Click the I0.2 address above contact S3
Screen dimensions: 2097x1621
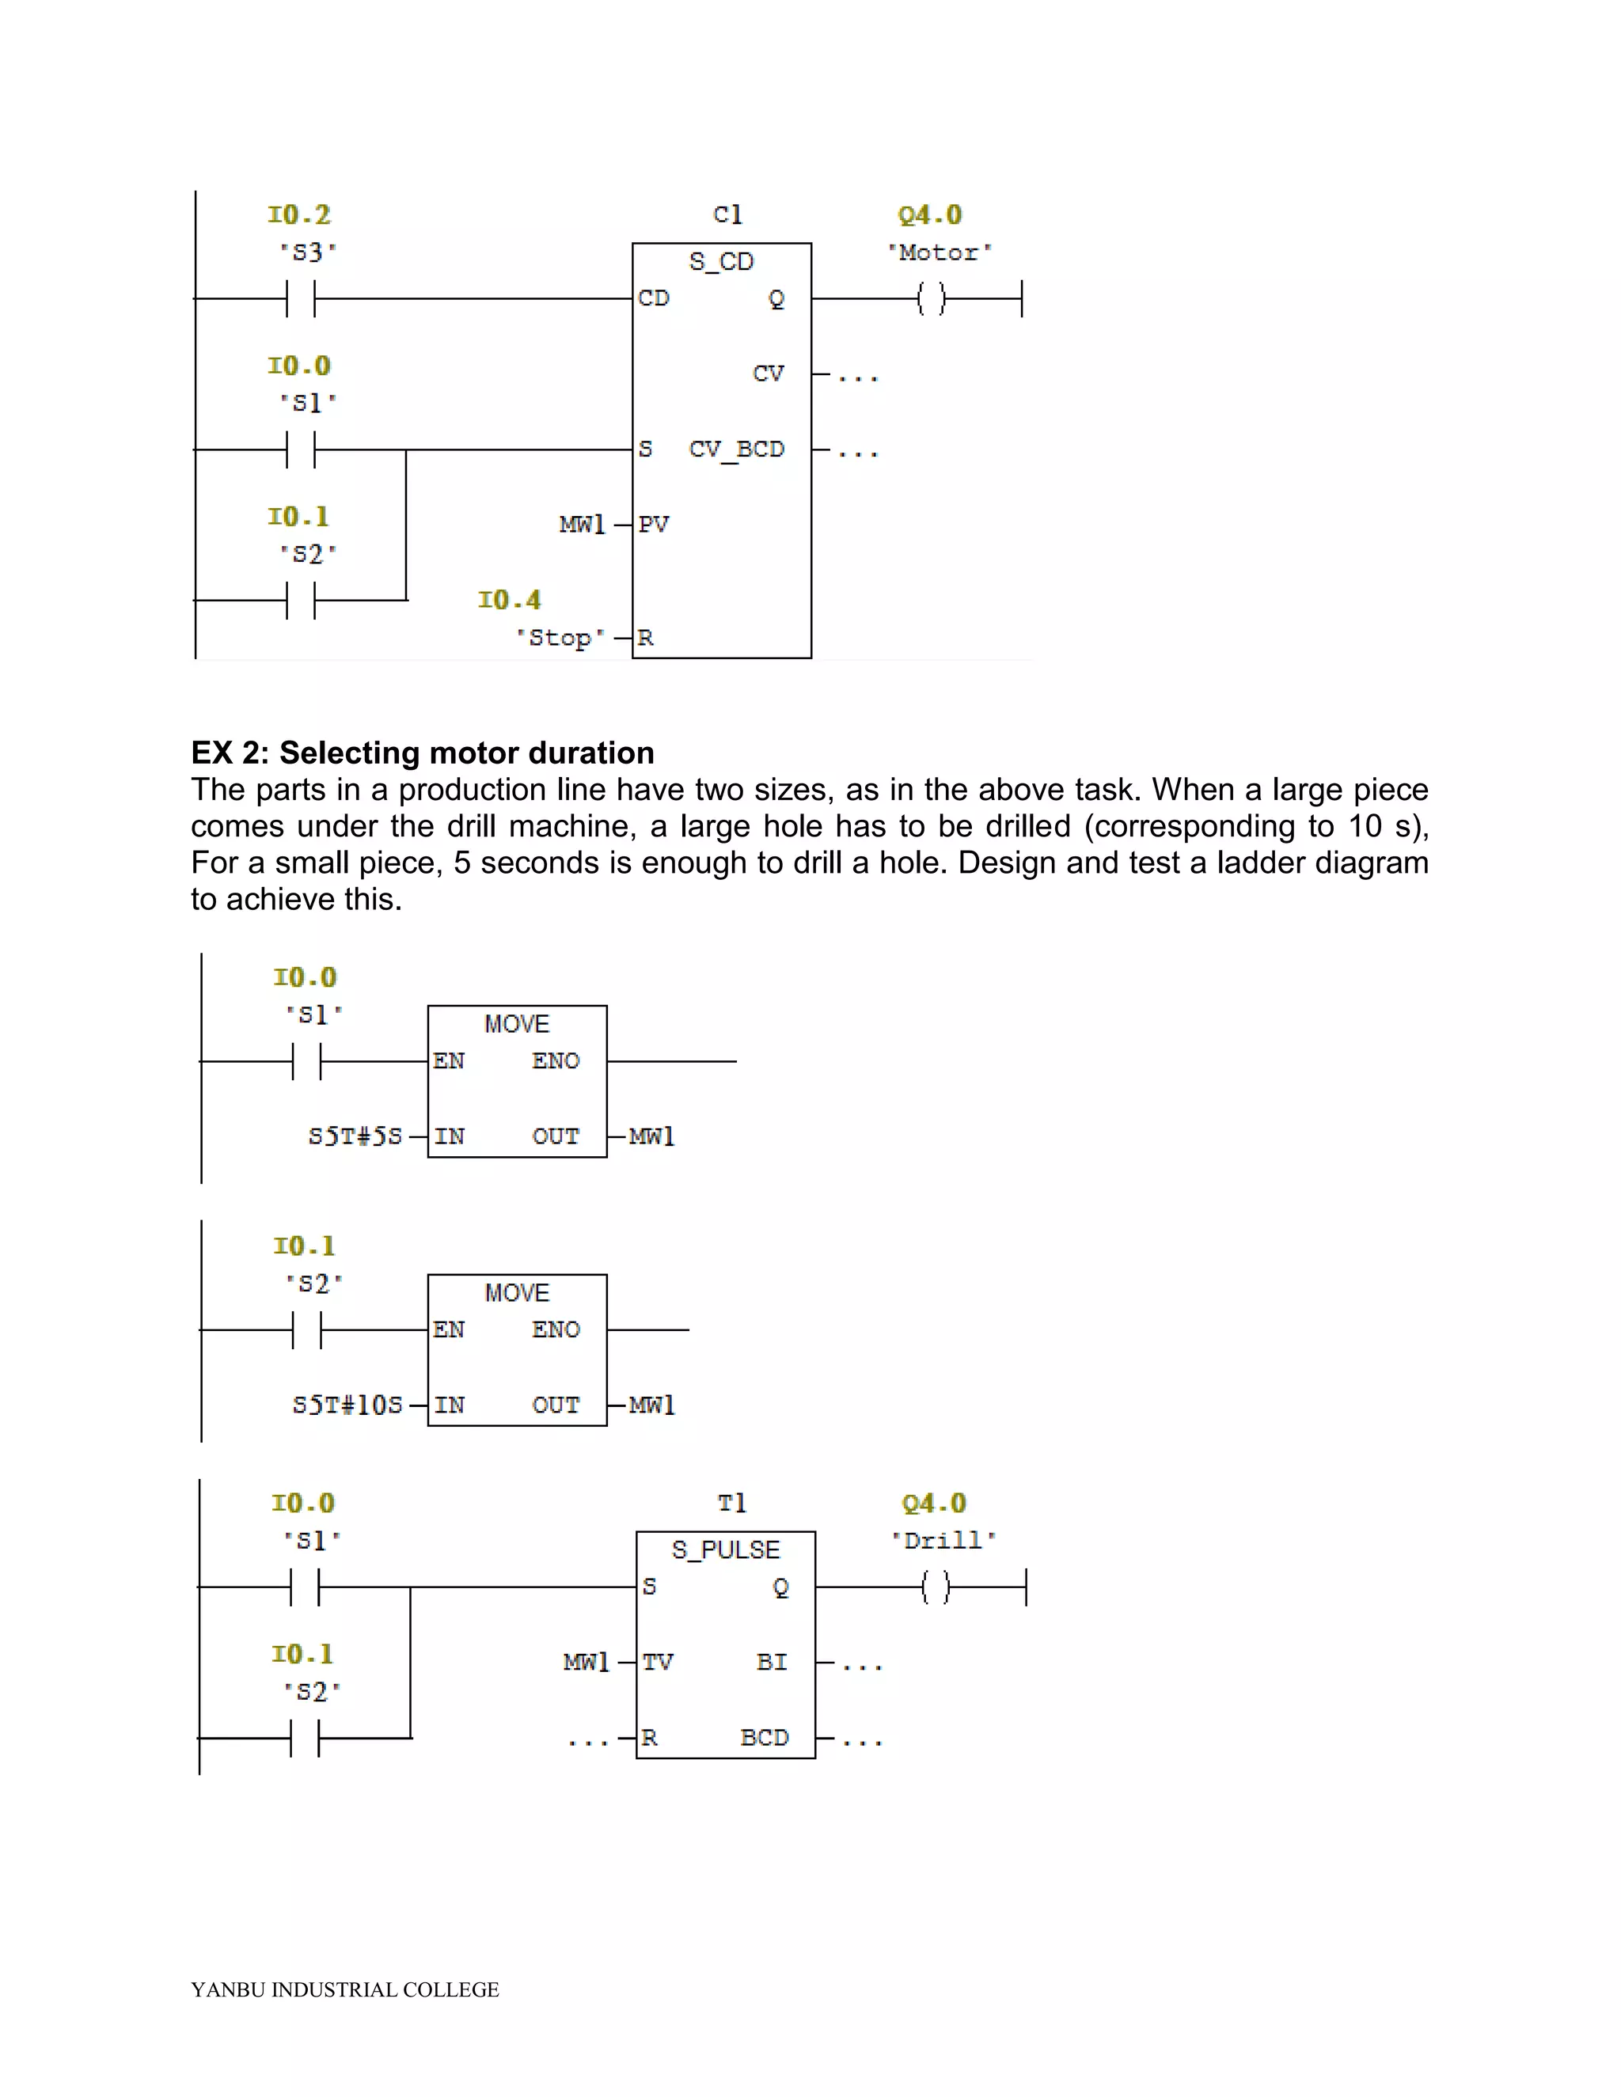(x=298, y=214)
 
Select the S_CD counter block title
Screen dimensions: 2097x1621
(x=721, y=261)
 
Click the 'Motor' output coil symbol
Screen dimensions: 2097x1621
(x=931, y=298)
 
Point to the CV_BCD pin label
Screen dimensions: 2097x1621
(x=737, y=449)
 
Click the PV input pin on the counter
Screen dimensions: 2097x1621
(x=653, y=524)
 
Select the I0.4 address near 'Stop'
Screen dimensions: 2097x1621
(x=509, y=600)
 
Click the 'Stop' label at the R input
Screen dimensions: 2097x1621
(x=561, y=638)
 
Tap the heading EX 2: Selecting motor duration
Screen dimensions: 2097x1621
(x=423, y=753)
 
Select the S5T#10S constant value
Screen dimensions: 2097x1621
(x=347, y=1405)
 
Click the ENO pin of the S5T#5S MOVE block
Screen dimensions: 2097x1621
(x=556, y=1061)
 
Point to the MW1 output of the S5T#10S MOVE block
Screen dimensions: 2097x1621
(x=652, y=1405)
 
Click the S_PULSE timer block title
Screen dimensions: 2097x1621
(x=725, y=1549)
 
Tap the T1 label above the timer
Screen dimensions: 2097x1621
(x=732, y=1503)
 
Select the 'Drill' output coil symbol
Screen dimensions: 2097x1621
(x=935, y=1587)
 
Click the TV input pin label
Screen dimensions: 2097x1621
(x=658, y=1662)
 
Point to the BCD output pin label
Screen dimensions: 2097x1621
(x=765, y=1737)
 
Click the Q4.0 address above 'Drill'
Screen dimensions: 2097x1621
(x=933, y=1503)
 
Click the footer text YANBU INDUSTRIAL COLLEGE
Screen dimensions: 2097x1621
(x=345, y=1989)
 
